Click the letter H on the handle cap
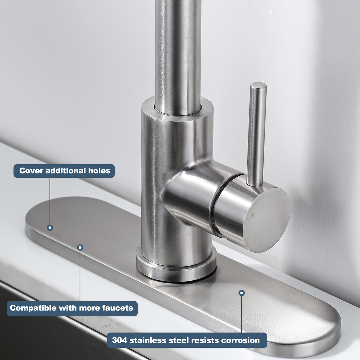253,215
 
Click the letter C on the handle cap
284,203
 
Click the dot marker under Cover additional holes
50,228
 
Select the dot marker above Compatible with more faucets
80,247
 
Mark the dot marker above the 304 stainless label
242,293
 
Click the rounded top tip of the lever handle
259,84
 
